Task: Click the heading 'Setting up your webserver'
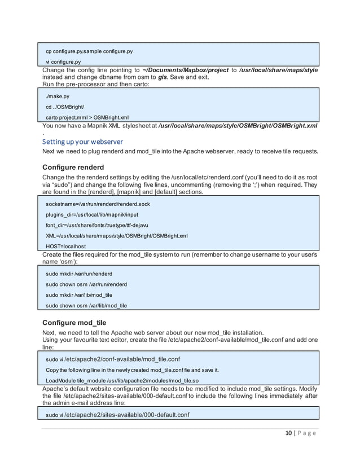coord(82,141)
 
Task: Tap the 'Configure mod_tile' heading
coord(74,322)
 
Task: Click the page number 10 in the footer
coord(288,433)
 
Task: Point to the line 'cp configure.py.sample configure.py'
coord(89,51)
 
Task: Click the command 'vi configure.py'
coord(63,62)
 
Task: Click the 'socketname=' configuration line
coord(98,204)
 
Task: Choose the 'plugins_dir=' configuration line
coord(92,214)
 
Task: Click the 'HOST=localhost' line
coord(66,246)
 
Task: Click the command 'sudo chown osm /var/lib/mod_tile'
coord(86,306)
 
